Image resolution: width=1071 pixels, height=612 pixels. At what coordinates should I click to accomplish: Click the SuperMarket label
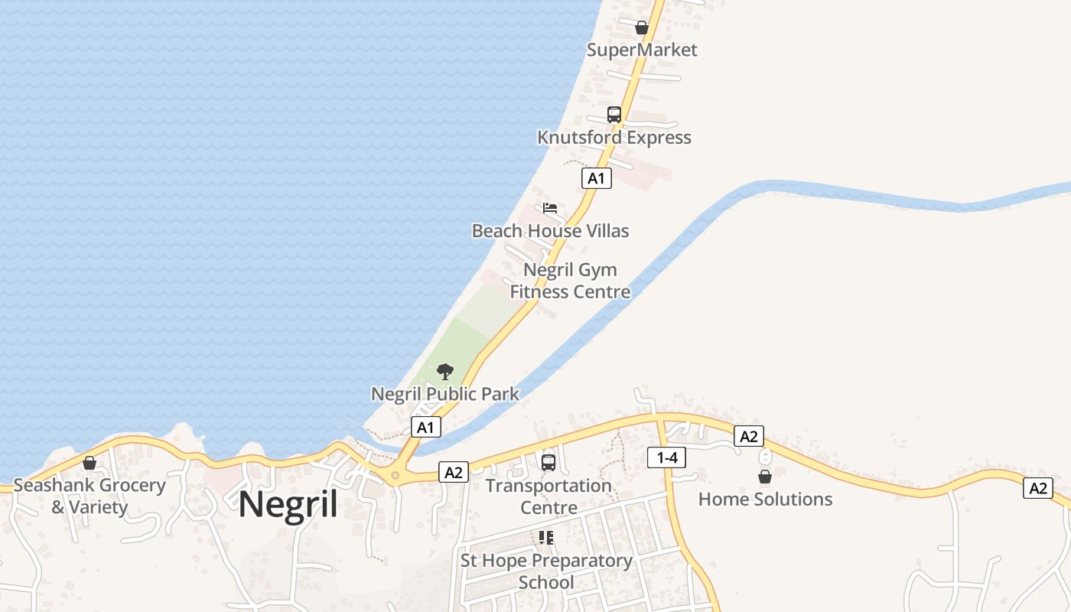642,50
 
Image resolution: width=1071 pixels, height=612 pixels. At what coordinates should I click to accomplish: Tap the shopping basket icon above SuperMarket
642,28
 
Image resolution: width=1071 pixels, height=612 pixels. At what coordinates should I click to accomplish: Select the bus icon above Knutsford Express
614,115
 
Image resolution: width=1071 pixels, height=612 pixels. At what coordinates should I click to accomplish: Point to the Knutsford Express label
614,138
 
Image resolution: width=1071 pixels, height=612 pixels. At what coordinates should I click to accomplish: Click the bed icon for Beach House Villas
550,208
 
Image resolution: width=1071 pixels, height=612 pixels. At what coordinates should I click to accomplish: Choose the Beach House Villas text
550,231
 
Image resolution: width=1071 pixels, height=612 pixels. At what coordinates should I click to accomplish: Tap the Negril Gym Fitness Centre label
570,281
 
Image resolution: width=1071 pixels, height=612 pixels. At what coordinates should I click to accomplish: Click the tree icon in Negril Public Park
444,373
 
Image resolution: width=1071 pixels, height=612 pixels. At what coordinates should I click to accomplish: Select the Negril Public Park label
444,395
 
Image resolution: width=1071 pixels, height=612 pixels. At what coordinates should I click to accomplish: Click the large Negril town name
288,505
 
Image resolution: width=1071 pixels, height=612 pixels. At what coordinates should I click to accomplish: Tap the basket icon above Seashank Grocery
90,463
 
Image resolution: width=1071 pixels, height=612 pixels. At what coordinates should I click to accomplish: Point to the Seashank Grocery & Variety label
90,496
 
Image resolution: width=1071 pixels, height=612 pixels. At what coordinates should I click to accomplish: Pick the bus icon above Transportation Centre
549,463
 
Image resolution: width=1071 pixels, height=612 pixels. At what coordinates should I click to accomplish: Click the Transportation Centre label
549,496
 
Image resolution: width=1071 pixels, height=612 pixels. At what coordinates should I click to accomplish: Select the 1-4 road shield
666,458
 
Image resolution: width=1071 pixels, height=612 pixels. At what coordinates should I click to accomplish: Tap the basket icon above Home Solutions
765,477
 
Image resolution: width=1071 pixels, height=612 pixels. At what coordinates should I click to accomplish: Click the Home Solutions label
765,500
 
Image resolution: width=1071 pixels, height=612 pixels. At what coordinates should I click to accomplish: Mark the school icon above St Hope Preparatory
546,538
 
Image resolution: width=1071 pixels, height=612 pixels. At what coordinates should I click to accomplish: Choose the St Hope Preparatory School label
546,571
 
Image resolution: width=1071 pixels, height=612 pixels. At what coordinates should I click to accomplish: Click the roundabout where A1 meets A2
395,476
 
